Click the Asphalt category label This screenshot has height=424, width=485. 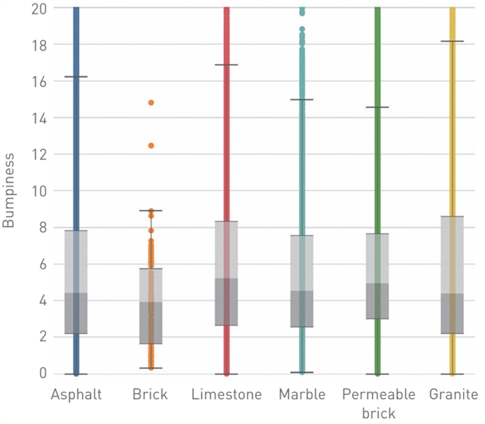coord(76,394)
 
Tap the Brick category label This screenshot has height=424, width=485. coord(150,394)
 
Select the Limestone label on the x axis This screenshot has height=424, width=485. coord(226,394)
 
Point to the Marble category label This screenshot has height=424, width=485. coord(301,394)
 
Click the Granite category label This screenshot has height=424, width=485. coord(452,394)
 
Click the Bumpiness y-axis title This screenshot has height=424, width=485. coord(10,190)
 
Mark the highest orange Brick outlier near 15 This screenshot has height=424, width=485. coord(151,102)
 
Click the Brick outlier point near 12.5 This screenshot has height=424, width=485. coord(151,146)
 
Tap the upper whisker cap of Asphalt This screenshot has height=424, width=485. coord(76,77)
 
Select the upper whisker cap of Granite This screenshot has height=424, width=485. coord(452,42)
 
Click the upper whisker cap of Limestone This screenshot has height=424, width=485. coord(226,65)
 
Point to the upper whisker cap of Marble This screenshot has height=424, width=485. coord(301,100)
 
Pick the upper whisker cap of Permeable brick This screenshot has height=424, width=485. coord(377,108)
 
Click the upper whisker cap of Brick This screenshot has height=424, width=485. coord(151,211)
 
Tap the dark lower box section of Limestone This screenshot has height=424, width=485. coord(226,302)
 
